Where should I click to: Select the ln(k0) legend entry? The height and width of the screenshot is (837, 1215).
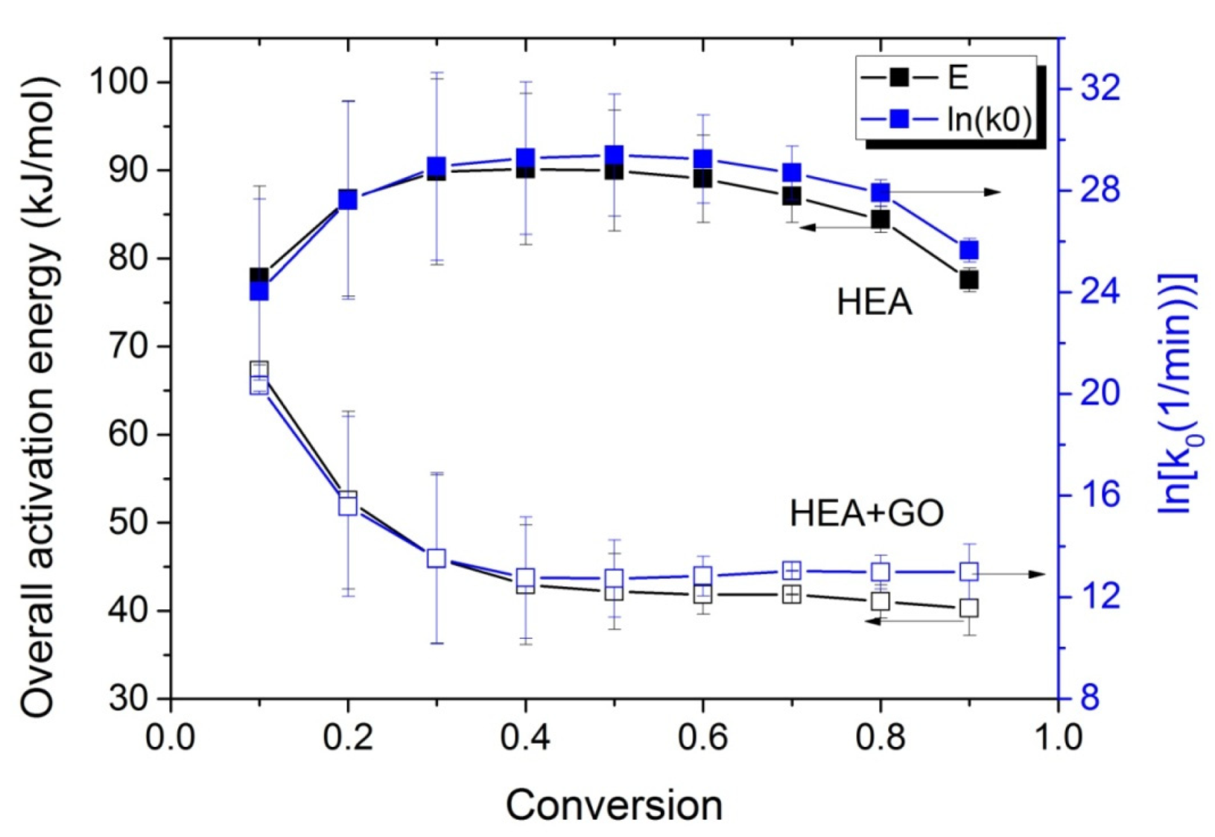tap(946, 119)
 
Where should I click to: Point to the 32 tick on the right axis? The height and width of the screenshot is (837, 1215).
tap(1100, 88)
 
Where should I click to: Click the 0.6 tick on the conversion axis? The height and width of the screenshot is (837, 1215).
tap(702, 738)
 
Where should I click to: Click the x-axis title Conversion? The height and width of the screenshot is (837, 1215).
tap(614, 806)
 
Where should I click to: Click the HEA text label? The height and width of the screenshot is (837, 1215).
tap(874, 303)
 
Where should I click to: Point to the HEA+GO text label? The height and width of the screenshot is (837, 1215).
tap(866, 514)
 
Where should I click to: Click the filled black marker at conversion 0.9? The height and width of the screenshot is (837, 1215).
tap(968, 280)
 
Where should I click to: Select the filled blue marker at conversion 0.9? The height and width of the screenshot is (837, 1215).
tap(968, 250)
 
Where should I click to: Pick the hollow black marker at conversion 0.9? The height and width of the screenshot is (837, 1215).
tap(968, 608)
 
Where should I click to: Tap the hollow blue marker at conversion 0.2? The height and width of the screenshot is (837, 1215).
tap(348, 506)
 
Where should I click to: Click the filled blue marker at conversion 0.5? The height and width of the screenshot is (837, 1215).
tap(614, 155)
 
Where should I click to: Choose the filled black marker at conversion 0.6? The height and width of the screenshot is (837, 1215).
tap(702, 179)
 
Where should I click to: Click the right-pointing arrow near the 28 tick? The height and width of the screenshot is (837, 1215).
tap(946, 192)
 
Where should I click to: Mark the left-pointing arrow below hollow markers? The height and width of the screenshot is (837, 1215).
tap(924, 620)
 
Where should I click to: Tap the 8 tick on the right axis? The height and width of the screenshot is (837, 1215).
tap(1089, 698)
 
